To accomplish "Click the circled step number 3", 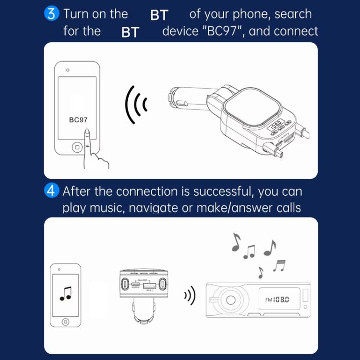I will [x=51, y=14].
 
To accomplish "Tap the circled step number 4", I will [x=51, y=191].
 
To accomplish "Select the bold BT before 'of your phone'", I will [x=159, y=15].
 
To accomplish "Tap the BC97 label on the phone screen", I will [x=78, y=120].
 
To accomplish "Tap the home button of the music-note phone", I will [x=65, y=322].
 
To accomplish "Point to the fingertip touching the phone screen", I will [x=86, y=132].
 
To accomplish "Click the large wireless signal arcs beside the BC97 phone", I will [x=136, y=104].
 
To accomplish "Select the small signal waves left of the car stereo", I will [x=190, y=295].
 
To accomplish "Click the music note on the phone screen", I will [x=66, y=293].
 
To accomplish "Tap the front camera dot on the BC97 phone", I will [x=68, y=70].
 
